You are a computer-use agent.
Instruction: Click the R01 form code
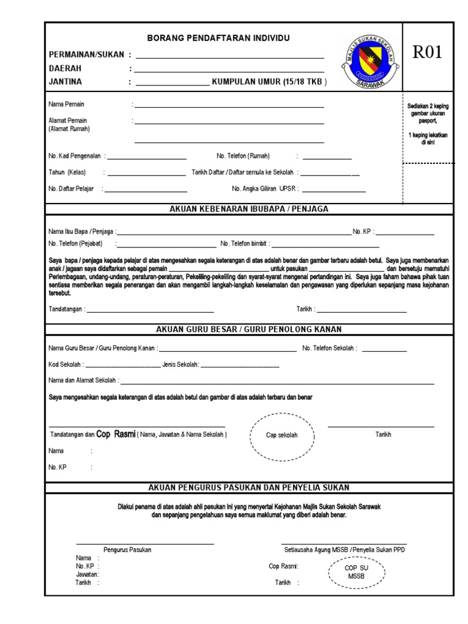coord(427,52)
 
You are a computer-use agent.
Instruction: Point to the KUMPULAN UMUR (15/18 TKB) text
coord(269,81)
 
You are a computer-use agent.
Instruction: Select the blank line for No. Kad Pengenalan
coord(146,158)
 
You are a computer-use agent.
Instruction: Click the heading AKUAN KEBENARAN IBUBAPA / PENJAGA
coord(249,209)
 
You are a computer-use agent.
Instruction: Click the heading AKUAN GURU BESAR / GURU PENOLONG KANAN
coord(249,329)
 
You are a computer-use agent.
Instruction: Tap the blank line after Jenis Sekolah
coord(239,366)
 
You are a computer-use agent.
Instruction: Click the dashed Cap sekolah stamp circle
coord(282,436)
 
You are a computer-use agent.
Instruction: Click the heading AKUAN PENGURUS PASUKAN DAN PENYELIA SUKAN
coord(249,487)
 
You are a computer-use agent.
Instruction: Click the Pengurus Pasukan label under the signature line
coord(127,550)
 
